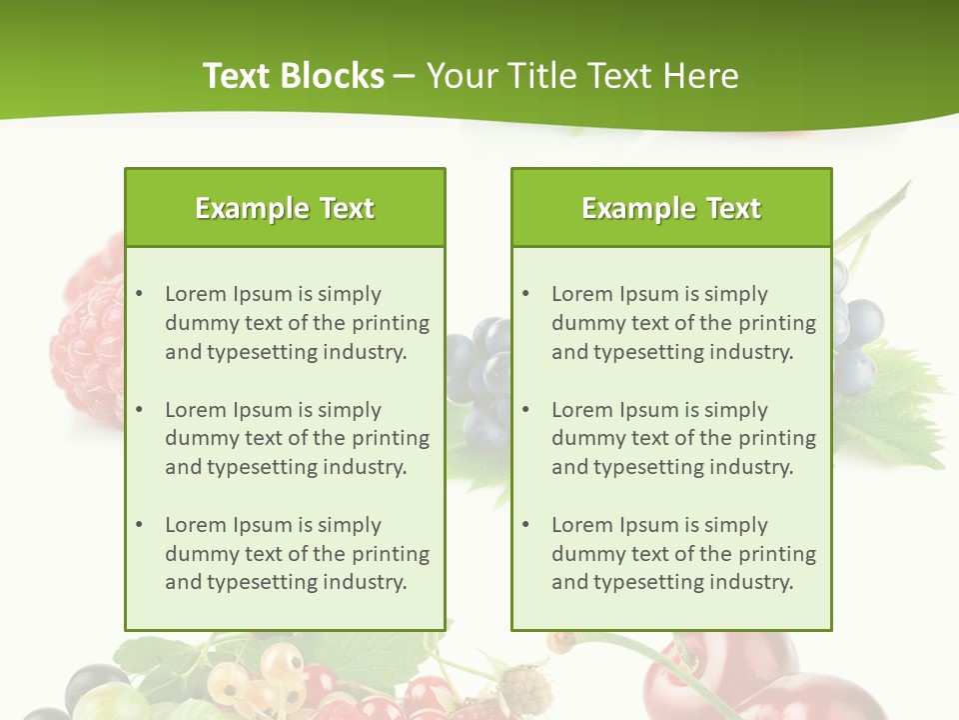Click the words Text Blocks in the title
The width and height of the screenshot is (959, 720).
point(293,76)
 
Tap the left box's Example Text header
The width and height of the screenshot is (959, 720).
point(285,208)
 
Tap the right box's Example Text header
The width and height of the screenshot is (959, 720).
point(671,208)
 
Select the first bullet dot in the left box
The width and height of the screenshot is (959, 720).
point(139,294)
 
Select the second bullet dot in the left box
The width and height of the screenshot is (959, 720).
point(139,410)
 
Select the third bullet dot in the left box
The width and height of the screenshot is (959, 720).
point(139,525)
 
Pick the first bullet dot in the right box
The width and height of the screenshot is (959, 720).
point(525,294)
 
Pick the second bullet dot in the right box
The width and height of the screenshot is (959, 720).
point(525,410)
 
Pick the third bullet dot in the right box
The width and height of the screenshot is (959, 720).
point(525,525)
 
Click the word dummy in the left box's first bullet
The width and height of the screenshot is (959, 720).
point(197,323)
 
